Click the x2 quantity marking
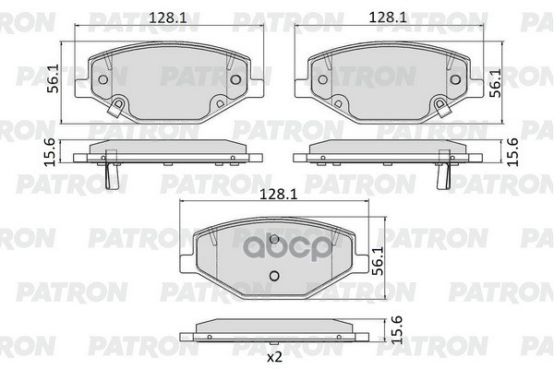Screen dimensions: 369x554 pos(274,355)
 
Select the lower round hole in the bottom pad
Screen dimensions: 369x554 pos(273,278)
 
